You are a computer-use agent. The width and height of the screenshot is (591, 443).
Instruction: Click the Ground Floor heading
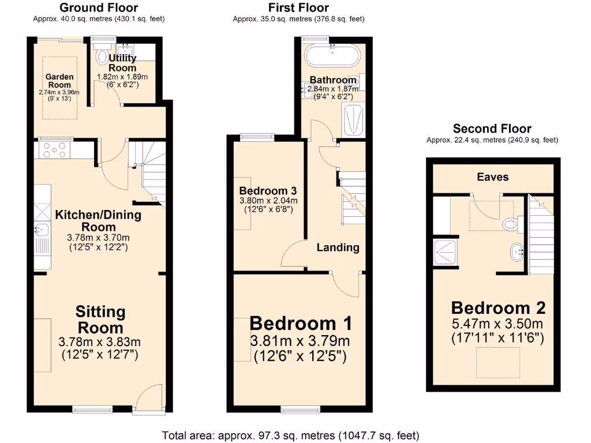coord(99,7)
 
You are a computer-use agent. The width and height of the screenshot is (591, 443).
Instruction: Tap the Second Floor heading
coord(492,129)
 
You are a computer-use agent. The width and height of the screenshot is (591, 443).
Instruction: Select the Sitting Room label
coord(100,320)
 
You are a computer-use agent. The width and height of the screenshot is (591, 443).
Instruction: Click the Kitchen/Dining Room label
coord(98,221)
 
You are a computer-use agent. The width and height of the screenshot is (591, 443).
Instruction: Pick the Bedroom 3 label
coord(268,191)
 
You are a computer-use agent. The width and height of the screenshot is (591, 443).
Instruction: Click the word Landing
coord(338,247)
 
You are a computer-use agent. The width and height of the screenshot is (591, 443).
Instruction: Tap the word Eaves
coord(492,177)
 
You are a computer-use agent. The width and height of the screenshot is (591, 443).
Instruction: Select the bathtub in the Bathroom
coord(332,56)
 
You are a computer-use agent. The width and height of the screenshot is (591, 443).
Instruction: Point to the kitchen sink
coord(42,230)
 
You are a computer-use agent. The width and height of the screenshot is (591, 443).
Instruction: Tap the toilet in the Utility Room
coord(103,56)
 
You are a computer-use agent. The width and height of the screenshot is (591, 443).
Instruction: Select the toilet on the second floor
coord(510,223)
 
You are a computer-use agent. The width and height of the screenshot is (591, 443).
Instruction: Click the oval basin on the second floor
coord(517,251)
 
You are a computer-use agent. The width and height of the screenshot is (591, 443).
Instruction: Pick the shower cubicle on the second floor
coord(445,252)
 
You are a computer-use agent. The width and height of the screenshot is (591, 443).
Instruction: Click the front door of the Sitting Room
coord(148,398)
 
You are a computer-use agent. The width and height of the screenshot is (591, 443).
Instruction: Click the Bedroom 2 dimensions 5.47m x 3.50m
coord(498,323)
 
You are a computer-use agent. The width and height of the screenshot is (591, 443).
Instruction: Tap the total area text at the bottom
coord(290,435)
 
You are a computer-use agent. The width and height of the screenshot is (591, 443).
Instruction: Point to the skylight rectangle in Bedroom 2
coord(493,362)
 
